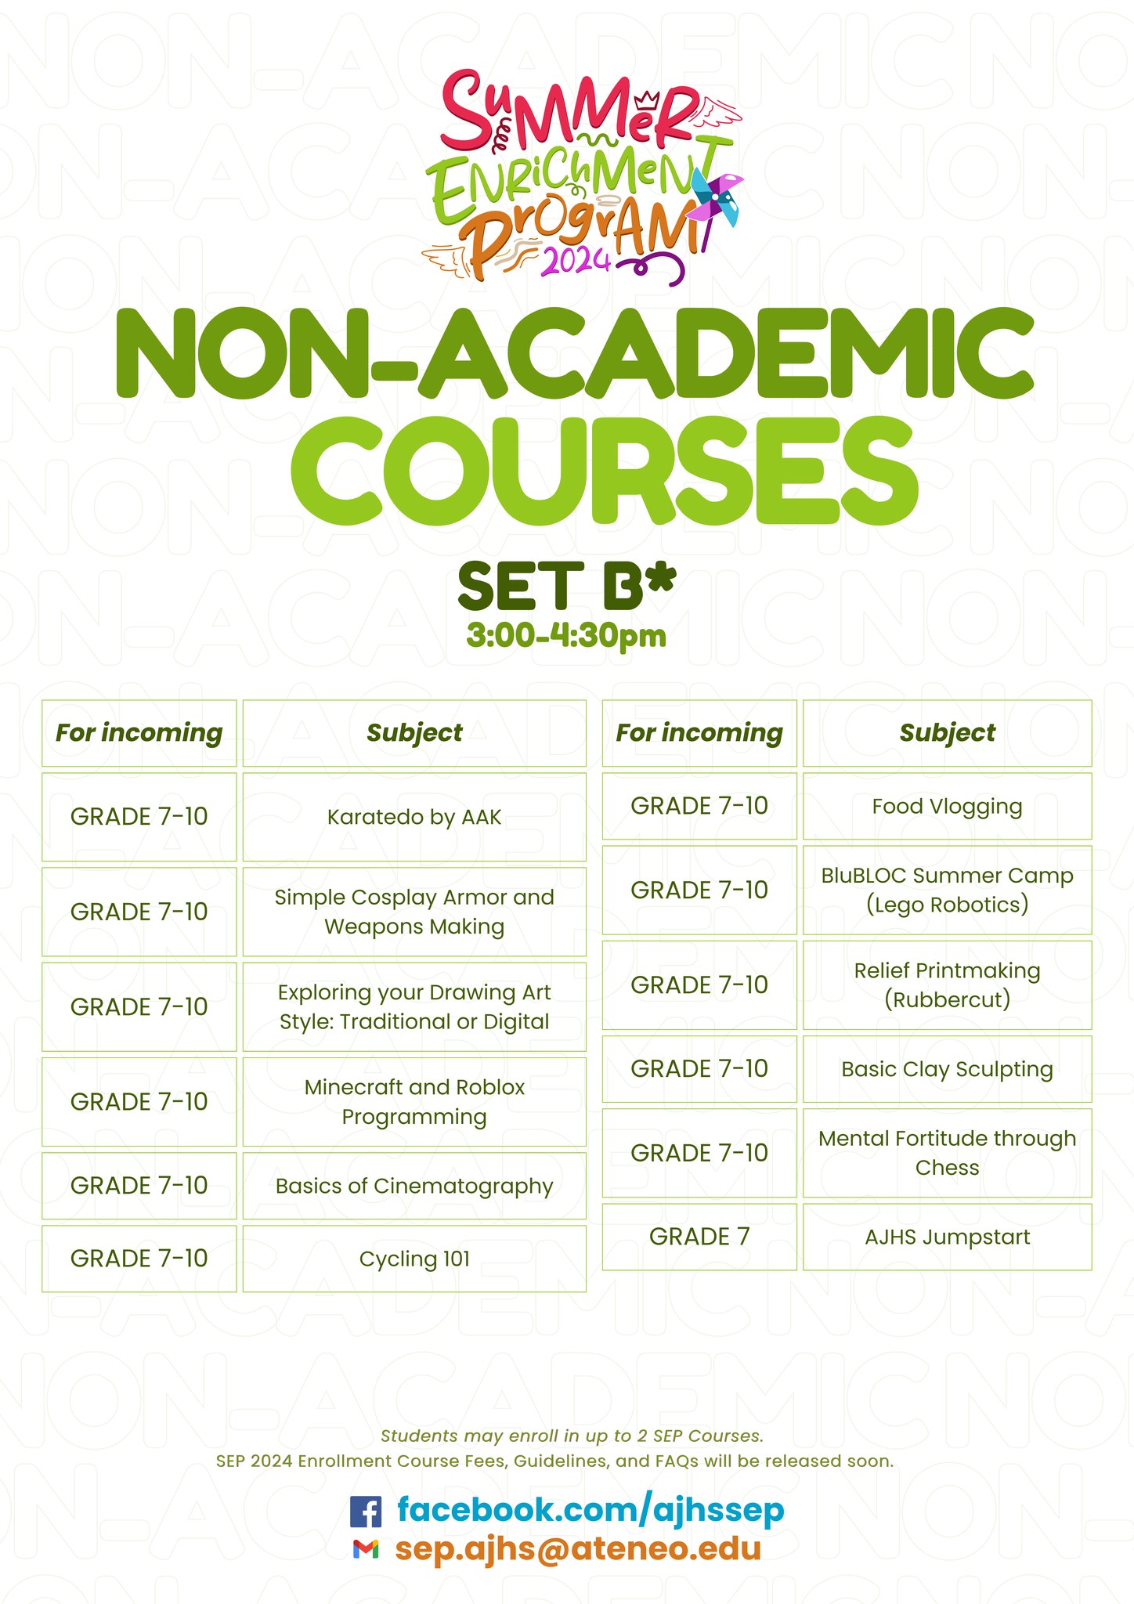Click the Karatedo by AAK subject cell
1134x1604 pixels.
tap(414, 817)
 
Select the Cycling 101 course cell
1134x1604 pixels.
tap(414, 1259)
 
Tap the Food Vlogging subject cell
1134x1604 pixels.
tap(947, 806)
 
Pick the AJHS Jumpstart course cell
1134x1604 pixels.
tap(947, 1237)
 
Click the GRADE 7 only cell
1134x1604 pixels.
tap(699, 1237)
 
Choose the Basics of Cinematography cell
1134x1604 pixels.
tap(414, 1186)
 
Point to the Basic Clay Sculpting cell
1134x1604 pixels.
tap(947, 1069)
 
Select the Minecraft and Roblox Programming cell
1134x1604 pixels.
tap(414, 1102)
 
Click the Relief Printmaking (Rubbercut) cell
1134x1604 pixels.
tap(947, 984)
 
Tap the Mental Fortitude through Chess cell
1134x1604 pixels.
tap(947, 1153)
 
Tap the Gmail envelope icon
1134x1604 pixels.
tap(366, 1549)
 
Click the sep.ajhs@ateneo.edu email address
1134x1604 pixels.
tap(578, 1548)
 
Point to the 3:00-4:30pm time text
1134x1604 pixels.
tap(566, 635)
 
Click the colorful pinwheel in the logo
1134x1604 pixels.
tap(717, 198)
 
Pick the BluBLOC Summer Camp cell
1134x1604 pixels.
tap(947, 890)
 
